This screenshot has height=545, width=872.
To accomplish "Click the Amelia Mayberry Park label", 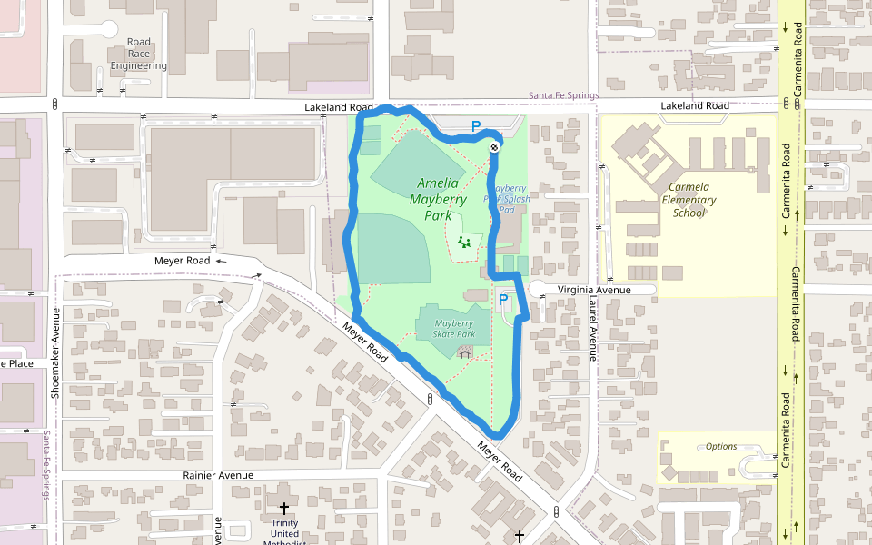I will pyautogui.click(x=438, y=199).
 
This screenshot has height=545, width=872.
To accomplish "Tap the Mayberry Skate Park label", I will pyautogui.click(x=454, y=328).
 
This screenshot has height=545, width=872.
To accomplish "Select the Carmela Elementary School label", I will pyautogui.click(x=689, y=200).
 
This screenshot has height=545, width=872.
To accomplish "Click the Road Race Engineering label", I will pyautogui.click(x=139, y=54).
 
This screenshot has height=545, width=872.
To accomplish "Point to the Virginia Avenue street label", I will pyautogui.click(x=594, y=290).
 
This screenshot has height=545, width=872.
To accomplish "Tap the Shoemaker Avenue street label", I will pyautogui.click(x=55, y=353).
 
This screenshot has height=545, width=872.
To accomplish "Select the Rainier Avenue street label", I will pyautogui.click(x=218, y=475).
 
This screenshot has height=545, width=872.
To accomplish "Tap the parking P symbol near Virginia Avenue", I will pyautogui.click(x=503, y=299).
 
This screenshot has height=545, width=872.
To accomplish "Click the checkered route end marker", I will pyautogui.click(x=494, y=146).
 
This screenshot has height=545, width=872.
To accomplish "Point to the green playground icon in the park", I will pyautogui.click(x=464, y=242).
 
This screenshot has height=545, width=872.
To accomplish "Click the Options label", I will pyautogui.click(x=721, y=446).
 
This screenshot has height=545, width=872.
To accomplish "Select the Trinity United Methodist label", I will pyautogui.click(x=284, y=529).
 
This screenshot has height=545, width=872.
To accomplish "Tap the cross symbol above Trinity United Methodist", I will pyautogui.click(x=284, y=510).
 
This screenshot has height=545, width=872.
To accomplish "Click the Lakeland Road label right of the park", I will pyautogui.click(x=694, y=106).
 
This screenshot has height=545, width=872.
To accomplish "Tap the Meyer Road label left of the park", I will pyautogui.click(x=182, y=261).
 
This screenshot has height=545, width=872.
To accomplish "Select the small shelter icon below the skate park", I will pyautogui.click(x=466, y=352).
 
